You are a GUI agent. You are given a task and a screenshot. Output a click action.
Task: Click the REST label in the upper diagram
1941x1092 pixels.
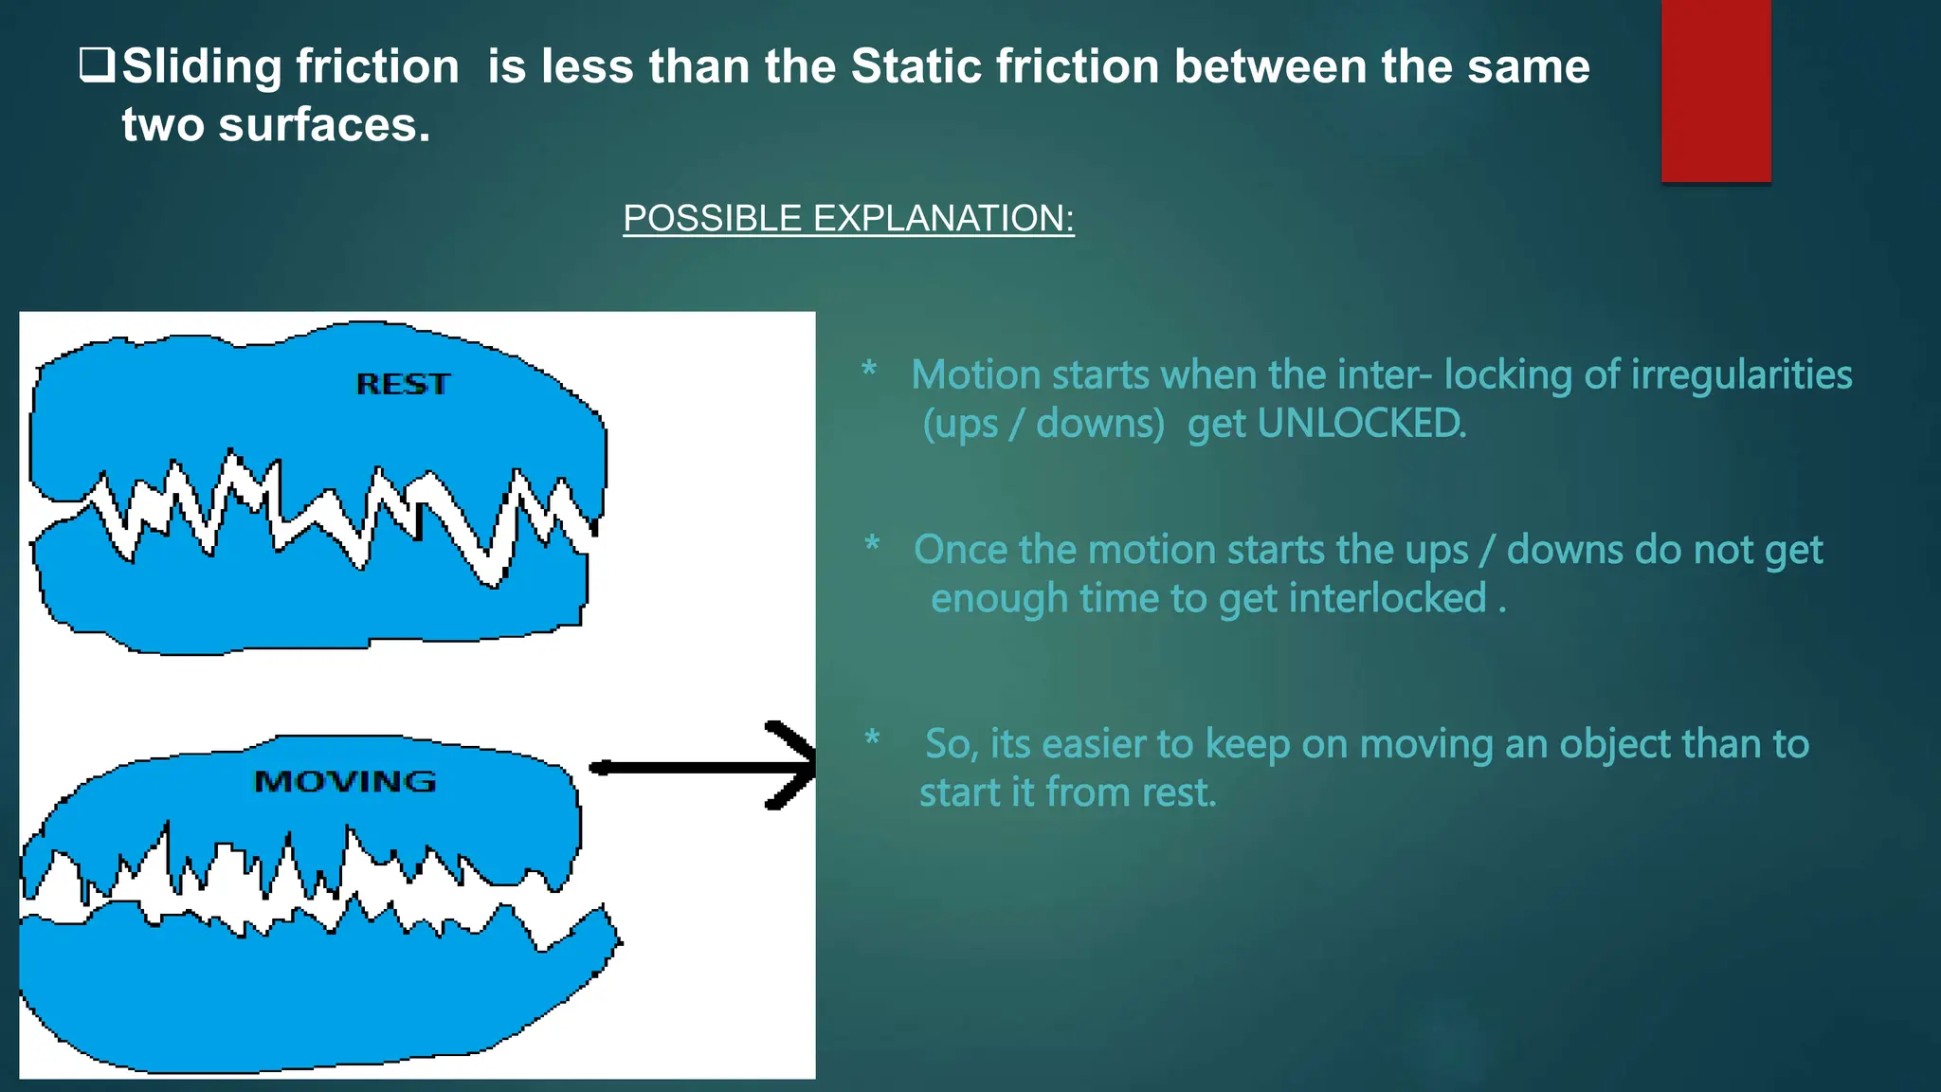pos(403,384)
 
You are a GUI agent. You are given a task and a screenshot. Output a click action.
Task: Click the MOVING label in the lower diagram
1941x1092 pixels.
pos(345,781)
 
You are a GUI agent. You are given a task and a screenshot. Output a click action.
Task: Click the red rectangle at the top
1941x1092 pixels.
pos(1715,90)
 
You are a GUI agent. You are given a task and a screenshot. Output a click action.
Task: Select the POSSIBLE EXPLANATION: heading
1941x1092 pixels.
pos(848,218)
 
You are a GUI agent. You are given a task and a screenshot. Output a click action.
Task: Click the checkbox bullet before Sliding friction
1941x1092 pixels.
pos(96,65)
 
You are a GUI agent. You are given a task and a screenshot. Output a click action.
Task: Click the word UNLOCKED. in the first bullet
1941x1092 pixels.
pos(1361,424)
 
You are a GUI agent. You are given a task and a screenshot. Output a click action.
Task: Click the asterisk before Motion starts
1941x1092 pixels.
pos(869,370)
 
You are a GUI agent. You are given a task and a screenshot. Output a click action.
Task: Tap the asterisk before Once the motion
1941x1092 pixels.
pos(872,545)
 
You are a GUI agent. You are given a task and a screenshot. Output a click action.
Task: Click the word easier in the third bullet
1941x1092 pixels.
pos(1091,744)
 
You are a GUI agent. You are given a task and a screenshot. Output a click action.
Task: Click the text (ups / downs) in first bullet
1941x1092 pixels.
pos(1043,424)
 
